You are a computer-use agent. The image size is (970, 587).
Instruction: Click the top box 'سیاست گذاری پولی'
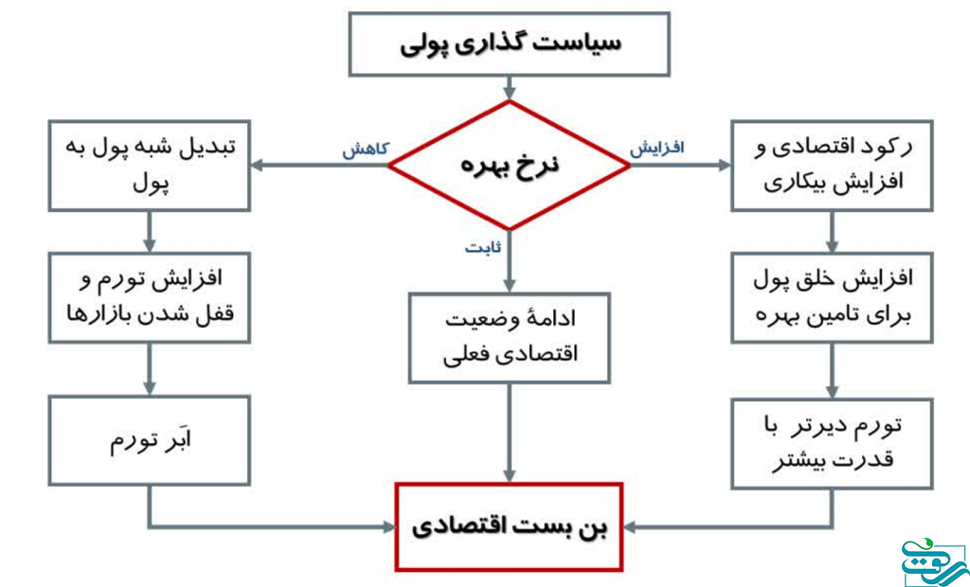click(510, 44)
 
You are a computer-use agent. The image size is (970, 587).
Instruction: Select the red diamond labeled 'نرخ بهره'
click(510, 165)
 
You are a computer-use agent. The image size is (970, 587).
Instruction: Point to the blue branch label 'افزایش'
click(656, 149)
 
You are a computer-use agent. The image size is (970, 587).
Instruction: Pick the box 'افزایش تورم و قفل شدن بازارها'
click(149, 295)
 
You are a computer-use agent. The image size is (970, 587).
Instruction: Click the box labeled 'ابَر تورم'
click(149, 440)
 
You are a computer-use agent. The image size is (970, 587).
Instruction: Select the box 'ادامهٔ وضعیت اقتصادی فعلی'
click(510, 336)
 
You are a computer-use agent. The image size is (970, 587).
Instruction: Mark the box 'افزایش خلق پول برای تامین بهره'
click(832, 295)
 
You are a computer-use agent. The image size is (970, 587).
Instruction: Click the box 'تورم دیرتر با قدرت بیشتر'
click(832, 440)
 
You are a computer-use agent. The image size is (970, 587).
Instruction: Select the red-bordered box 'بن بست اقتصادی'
click(510, 526)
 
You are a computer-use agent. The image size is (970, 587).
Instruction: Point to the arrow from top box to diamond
click(510, 88)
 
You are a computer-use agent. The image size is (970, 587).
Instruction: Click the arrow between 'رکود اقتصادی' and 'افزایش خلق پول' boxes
click(832, 231)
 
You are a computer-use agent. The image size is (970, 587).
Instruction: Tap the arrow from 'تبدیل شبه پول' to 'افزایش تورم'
click(149, 231)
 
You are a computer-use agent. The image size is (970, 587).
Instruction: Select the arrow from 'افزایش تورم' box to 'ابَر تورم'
click(149, 367)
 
